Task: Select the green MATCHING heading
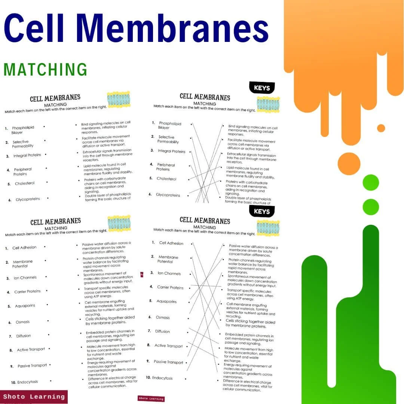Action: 45,70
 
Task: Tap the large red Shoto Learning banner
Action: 34,397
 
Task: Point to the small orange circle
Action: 381,128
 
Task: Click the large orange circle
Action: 349,163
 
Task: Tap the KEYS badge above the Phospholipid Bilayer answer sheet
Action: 262,88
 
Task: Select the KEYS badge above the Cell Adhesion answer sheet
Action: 262,211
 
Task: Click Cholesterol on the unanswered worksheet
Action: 25,184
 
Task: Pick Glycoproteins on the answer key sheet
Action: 168,195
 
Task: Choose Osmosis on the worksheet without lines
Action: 22,322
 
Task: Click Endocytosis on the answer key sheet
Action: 162,378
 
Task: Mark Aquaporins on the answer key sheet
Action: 166,302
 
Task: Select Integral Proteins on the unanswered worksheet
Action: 27,155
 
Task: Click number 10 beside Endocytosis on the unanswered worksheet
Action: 13,382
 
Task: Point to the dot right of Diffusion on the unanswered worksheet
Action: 48,335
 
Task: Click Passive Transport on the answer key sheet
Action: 168,362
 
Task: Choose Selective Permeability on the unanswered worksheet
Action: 22,144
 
